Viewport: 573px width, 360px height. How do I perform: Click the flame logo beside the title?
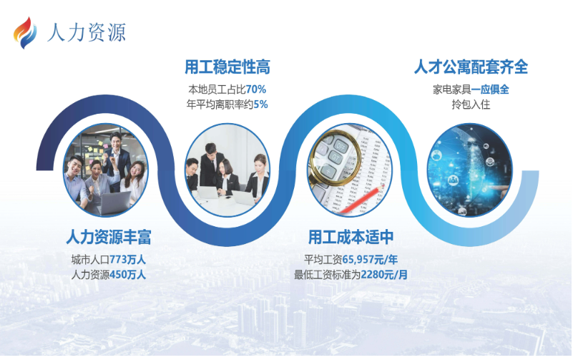click(25, 33)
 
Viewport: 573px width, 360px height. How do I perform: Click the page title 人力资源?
click(87, 32)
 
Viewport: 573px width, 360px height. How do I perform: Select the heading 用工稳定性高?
click(227, 67)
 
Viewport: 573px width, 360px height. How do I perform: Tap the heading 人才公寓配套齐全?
click(471, 67)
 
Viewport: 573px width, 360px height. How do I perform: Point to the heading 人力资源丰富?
click(109, 237)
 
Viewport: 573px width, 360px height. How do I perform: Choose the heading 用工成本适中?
click(351, 237)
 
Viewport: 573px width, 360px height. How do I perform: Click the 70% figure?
click(256, 89)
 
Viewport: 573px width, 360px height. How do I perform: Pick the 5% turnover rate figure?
click(260, 104)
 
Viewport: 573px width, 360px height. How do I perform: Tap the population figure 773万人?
click(127, 260)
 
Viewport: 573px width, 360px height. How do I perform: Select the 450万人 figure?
click(127, 275)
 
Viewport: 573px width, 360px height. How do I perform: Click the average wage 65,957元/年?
click(370, 260)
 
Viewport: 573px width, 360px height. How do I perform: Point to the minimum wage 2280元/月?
click(384, 275)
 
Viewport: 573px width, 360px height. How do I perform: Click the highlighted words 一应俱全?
click(490, 89)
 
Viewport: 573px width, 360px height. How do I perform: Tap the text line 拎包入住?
click(471, 104)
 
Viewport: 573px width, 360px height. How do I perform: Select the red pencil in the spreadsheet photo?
click(362, 199)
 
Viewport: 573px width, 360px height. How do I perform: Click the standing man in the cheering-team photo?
click(117, 158)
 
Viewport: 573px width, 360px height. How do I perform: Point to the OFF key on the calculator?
click(341, 147)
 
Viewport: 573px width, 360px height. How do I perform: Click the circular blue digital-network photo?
click(470, 170)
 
